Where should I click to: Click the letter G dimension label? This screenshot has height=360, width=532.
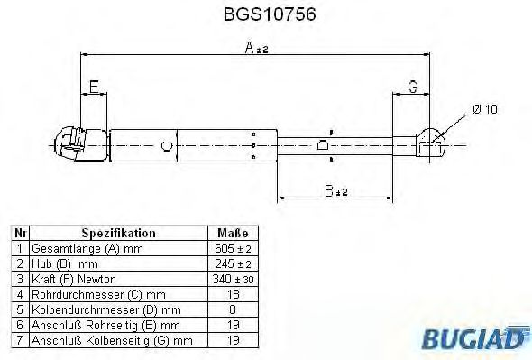413,87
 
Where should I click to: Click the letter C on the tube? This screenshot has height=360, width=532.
166,144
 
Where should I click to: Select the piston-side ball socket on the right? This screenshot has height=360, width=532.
432,141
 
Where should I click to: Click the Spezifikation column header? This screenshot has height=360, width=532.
118,233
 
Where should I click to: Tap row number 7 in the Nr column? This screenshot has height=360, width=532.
18,340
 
